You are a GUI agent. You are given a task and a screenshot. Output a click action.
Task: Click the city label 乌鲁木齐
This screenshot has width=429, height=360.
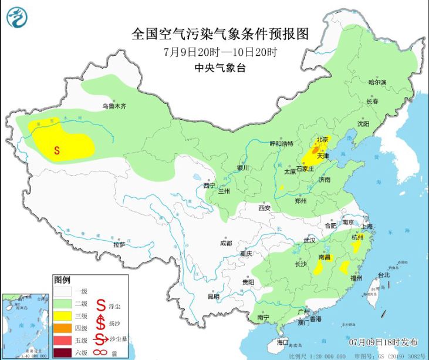tap(114, 106)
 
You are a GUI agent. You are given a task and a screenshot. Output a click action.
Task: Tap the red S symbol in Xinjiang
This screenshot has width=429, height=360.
tap(57, 150)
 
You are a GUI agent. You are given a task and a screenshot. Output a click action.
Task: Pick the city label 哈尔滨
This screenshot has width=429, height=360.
tap(377, 83)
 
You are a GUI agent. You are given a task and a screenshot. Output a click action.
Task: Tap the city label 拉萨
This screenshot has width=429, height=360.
tap(119, 244)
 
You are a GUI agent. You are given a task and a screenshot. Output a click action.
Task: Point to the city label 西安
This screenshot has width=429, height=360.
tap(264, 208)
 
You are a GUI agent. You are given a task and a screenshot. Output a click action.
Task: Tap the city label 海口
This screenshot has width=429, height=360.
tap(283, 342)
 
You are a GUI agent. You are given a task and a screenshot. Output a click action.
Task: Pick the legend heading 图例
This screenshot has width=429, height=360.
tap(62, 279)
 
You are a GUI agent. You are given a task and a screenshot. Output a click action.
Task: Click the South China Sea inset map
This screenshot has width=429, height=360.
tap(25, 325)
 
